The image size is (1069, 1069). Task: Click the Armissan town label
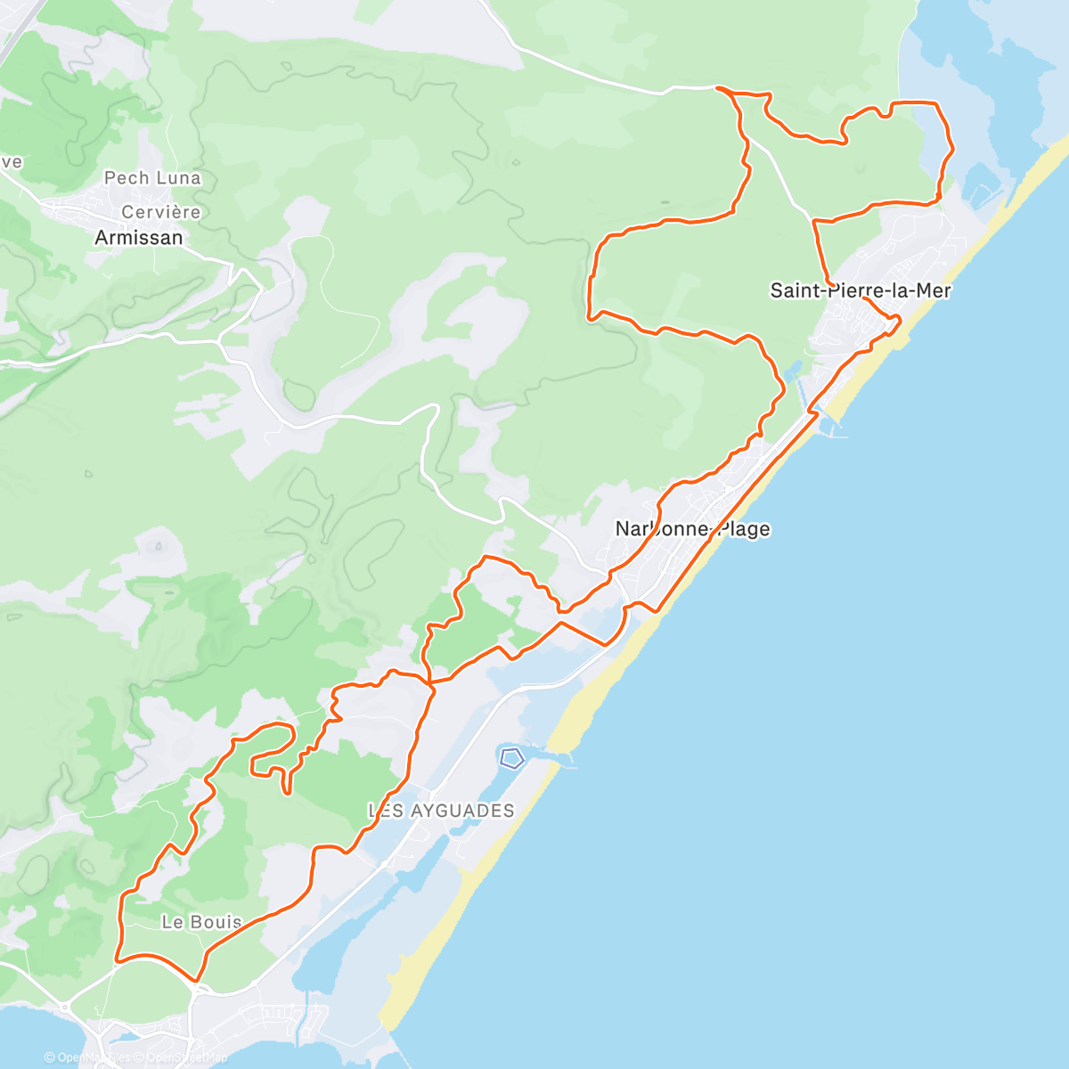coord(139,238)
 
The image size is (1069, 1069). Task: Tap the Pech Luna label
coord(152,178)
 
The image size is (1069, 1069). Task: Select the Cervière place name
coord(161,212)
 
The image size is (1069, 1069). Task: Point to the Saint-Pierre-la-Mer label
coord(861,290)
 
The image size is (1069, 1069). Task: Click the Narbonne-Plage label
coord(692,529)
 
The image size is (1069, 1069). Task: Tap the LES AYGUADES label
coord(442,811)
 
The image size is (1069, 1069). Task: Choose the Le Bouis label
coord(201,922)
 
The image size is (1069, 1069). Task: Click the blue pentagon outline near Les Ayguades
coord(511,758)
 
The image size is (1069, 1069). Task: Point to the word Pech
coord(123,178)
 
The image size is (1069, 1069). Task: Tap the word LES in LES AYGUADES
coord(385,811)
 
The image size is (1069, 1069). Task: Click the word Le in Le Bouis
coord(172,922)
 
